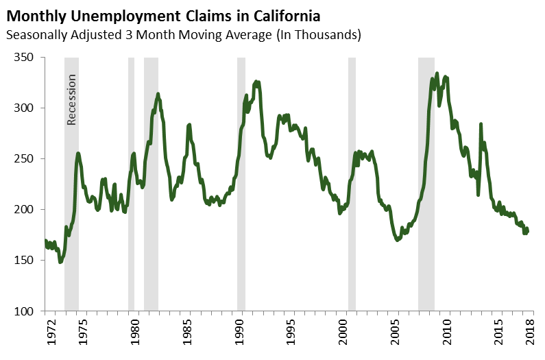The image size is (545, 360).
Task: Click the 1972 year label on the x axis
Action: coord(45,335)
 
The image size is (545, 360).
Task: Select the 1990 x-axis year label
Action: coord(240,335)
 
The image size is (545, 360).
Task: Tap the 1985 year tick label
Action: coord(188,335)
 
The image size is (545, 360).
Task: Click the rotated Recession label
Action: coord(71,99)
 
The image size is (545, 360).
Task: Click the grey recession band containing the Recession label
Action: coord(71,206)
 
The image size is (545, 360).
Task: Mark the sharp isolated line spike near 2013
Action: coord(481,125)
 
